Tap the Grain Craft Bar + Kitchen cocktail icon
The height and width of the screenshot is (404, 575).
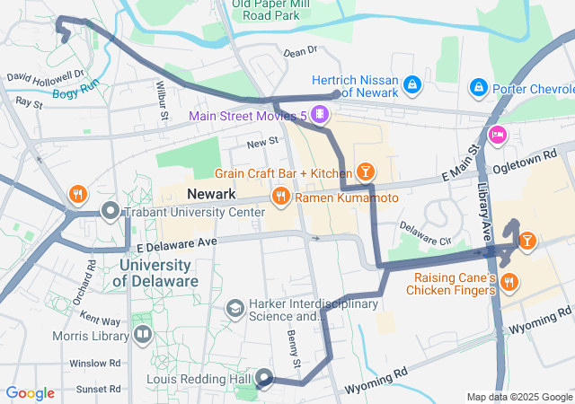pyautogui.click(x=365, y=171)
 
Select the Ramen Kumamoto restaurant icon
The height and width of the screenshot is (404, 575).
pyautogui.click(x=280, y=195)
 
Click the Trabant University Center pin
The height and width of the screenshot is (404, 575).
pyautogui.click(x=111, y=211)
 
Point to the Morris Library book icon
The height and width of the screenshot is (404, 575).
pyautogui.click(x=142, y=335)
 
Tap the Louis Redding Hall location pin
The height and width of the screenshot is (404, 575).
pyautogui.click(x=264, y=378)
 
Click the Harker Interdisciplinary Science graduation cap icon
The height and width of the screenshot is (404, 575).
pyautogui.click(x=234, y=309)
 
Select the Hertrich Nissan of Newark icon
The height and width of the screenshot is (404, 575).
pyautogui.click(x=411, y=85)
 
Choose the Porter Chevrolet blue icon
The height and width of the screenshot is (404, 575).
pyautogui.click(x=478, y=87)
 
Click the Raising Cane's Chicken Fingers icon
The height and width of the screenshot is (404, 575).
pyautogui.click(x=509, y=282)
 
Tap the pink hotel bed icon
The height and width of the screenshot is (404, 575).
pyautogui.click(x=496, y=136)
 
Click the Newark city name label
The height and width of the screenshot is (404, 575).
pyautogui.click(x=210, y=195)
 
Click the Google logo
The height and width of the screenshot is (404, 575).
pyautogui.click(x=30, y=392)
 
